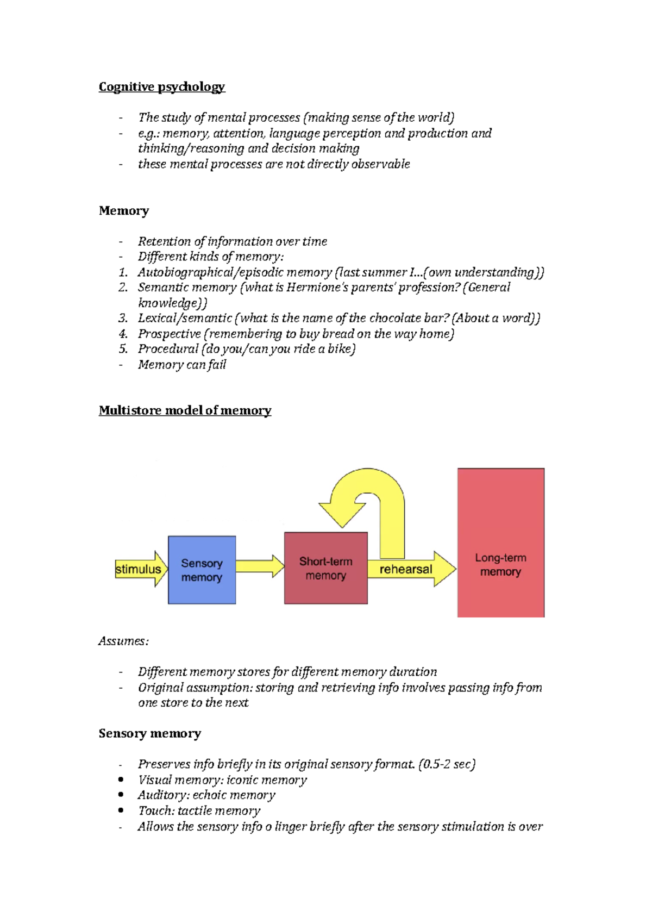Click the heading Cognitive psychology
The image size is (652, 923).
coord(161,87)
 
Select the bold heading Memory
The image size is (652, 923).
coord(124,211)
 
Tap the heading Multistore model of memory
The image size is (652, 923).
coord(185,410)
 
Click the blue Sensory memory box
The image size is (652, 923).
coord(202,570)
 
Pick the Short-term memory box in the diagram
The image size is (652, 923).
coord(325,568)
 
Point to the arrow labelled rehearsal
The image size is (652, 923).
coord(411,569)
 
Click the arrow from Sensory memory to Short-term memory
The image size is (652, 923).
coord(259,566)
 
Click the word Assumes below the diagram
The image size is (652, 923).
coord(123,641)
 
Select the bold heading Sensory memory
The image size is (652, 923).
coord(149,734)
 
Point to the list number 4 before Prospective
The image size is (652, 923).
coord(123,334)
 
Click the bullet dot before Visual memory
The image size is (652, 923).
coord(121,779)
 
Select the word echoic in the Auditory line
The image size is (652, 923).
coord(209,795)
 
